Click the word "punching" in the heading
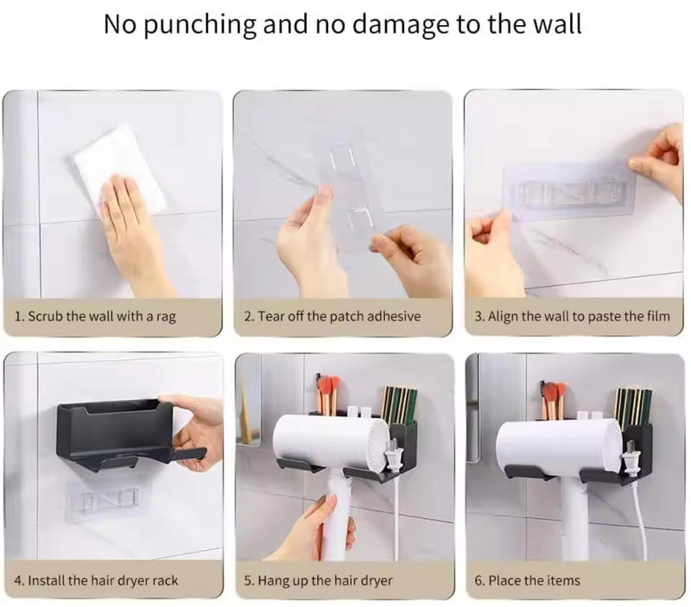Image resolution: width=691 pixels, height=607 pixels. [200, 25]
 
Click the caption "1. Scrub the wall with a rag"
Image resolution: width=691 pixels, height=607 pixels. [95, 316]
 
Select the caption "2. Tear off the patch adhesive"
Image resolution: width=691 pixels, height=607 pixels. [333, 316]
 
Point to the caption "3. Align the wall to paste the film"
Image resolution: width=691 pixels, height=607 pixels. [572, 316]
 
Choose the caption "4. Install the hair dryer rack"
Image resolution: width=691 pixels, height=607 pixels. [96, 580]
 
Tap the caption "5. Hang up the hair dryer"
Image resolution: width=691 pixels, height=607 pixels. [318, 580]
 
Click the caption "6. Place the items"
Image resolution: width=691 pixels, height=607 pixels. [527, 580]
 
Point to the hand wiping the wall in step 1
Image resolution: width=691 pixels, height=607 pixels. [132, 229]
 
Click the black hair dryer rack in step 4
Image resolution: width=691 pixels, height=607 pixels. [124, 434]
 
